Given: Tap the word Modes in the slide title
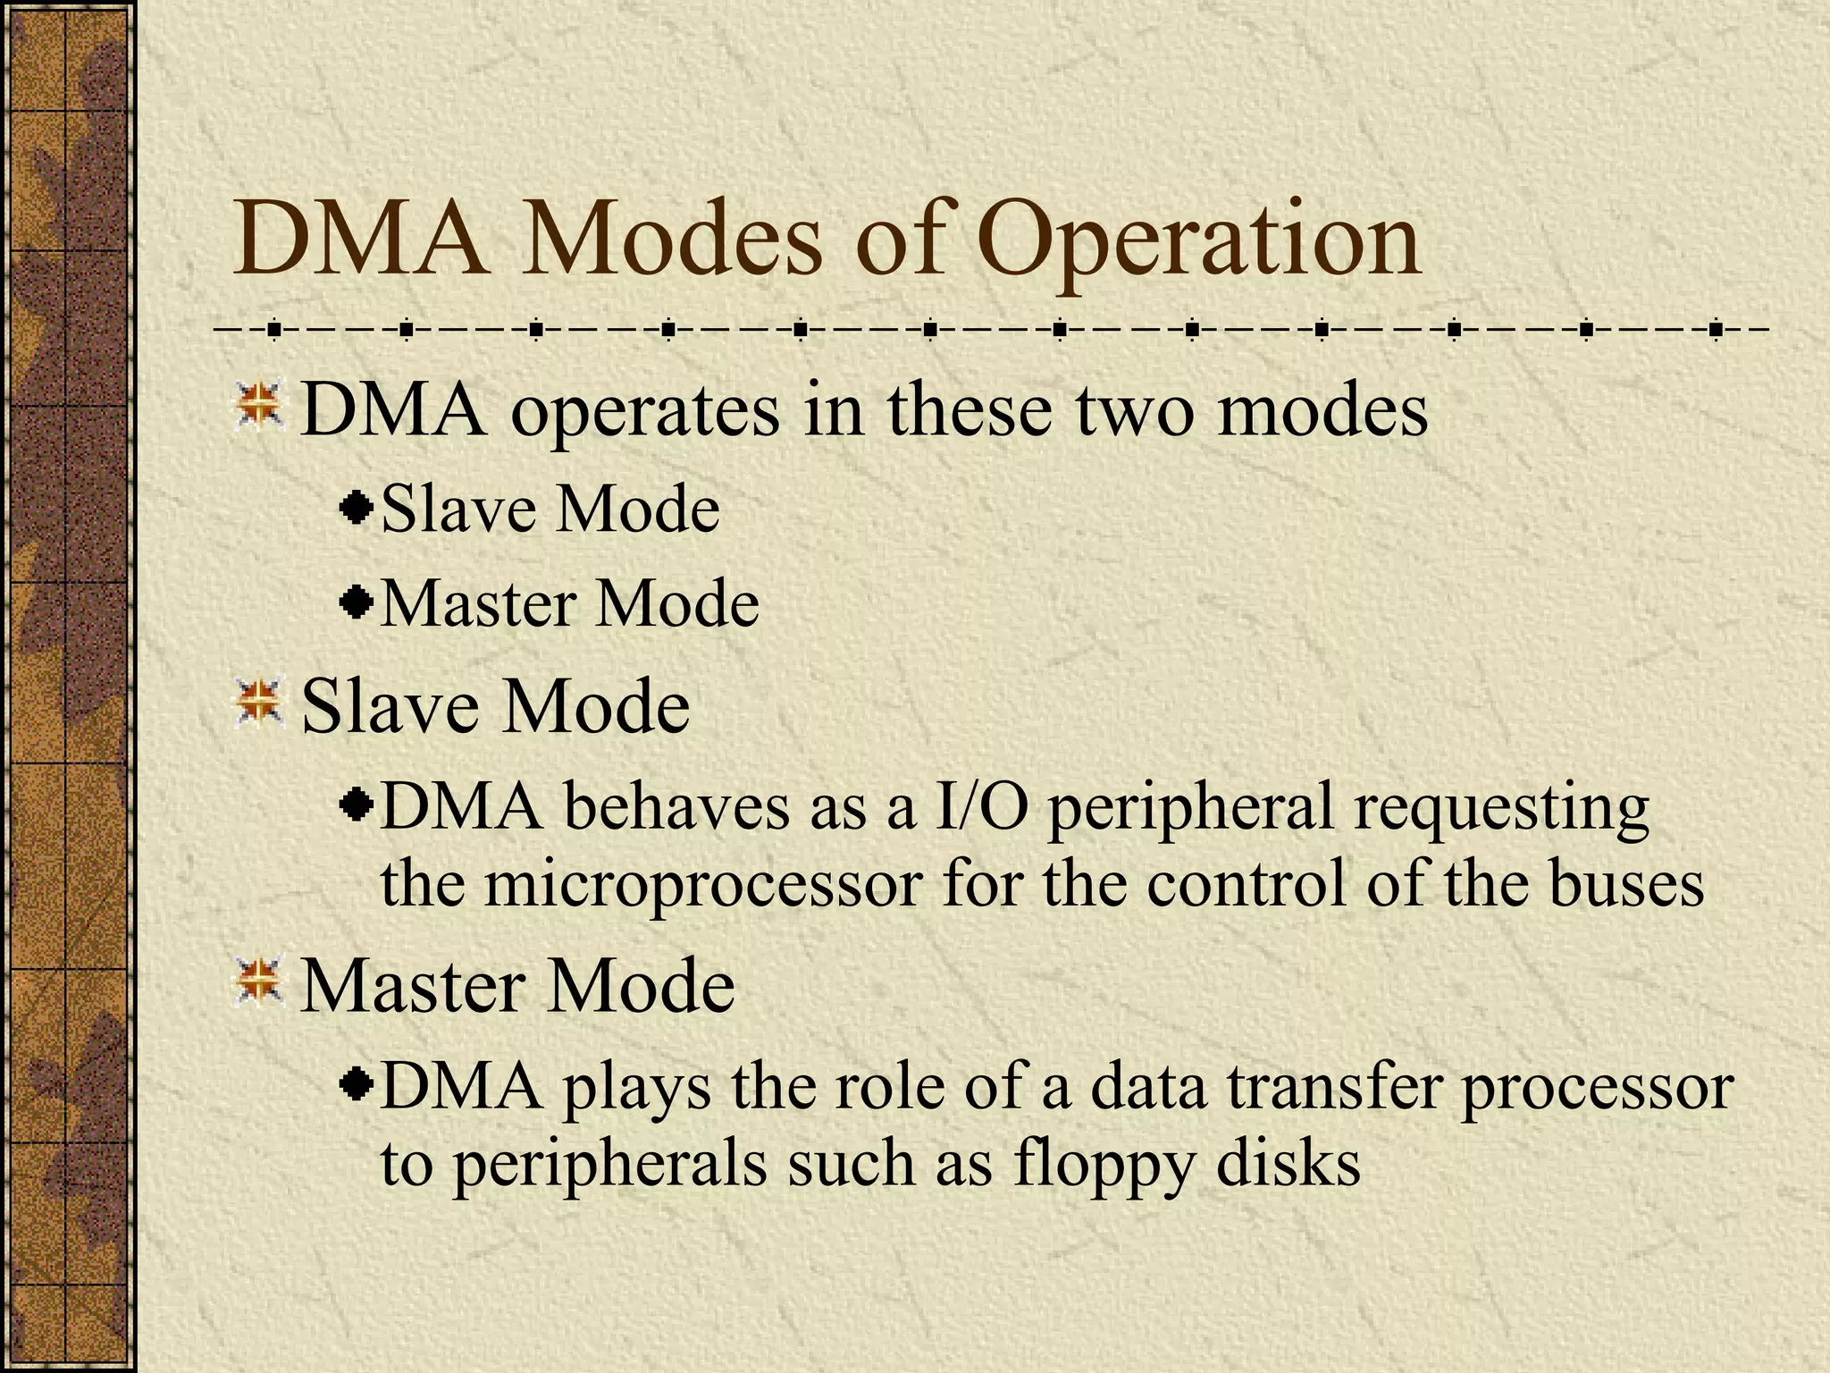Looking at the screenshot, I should pyautogui.click(x=670, y=240).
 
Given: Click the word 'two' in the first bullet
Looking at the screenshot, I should pyautogui.click(x=1134, y=410).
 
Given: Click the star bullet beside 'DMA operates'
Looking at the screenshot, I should pyautogui.click(x=259, y=406).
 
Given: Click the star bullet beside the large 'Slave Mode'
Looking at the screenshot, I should pyautogui.click(x=259, y=703).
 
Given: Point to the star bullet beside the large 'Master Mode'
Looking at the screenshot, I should pyautogui.click(x=259, y=982).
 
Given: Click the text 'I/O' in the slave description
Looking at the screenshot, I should pyautogui.click(x=979, y=806).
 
